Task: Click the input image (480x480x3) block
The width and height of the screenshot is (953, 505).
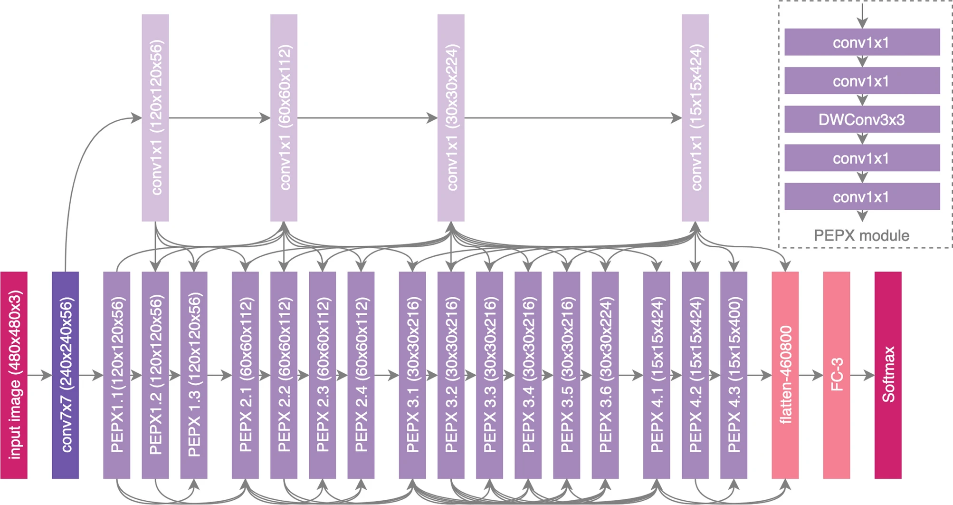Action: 14,375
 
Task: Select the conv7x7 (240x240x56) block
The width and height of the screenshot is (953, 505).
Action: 65,375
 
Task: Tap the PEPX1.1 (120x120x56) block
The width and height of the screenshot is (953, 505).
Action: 116,375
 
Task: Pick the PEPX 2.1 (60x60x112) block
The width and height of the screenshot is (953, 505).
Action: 245,375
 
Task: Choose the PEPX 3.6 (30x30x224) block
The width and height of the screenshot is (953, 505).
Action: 605,375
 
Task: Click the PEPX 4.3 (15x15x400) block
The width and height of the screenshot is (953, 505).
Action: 734,375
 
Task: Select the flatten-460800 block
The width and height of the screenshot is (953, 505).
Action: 785,375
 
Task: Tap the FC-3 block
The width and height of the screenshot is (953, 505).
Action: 836,375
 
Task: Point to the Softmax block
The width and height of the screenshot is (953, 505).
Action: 888,375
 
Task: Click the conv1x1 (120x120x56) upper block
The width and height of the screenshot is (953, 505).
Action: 155,117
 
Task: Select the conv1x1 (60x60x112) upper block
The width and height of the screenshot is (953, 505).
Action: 284,117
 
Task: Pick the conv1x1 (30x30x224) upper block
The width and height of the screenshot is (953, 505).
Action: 451,117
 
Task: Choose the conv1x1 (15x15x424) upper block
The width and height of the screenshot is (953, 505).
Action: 695,117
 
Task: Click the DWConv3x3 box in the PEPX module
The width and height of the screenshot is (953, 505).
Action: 862,119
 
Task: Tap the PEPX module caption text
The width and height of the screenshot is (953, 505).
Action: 861,235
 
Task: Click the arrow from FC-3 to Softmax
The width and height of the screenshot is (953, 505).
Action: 862,375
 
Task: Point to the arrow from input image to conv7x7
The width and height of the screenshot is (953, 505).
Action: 39,375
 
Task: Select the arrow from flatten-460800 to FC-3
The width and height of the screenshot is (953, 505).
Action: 811,375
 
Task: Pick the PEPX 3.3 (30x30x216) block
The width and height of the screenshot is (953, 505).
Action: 489,375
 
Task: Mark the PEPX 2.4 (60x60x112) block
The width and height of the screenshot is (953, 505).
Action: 361,375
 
